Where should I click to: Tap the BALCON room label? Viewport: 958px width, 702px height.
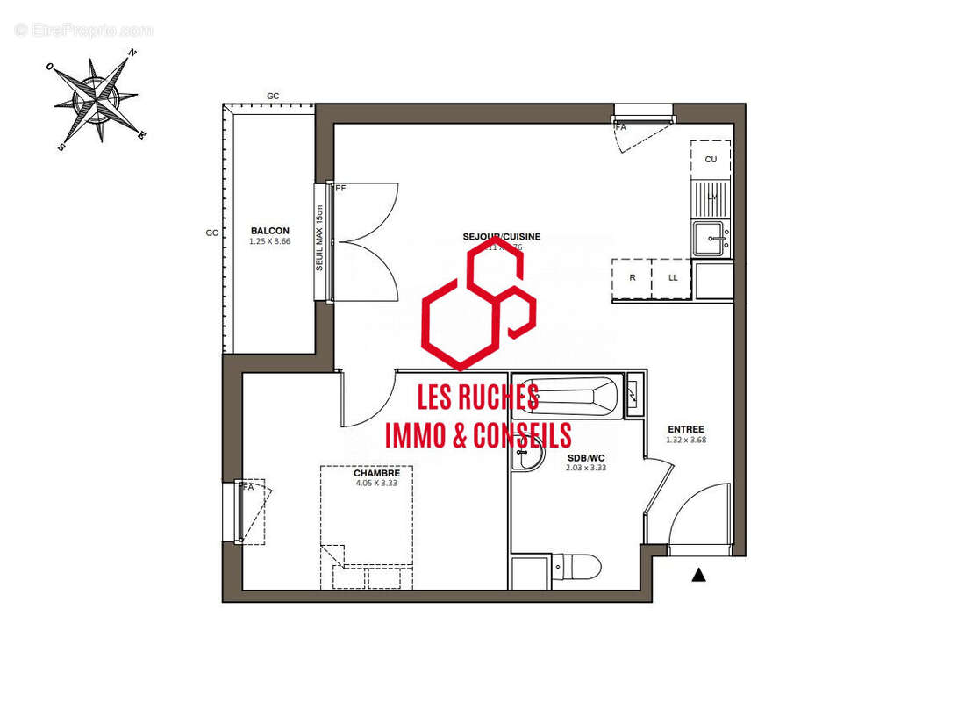pos(269,231)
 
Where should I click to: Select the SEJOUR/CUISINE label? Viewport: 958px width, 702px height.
pos(502,237)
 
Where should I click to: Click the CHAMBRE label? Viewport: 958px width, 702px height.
pos(377,473)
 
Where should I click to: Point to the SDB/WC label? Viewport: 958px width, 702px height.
pos(586,458)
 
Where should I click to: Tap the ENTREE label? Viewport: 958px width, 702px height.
pos(685,430)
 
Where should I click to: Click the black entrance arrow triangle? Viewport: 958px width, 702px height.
pos(699,575)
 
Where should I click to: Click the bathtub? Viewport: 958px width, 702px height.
pos(566,396)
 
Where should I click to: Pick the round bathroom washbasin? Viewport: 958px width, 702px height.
pos(529,455)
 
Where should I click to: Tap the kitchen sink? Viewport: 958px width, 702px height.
pos(711,238)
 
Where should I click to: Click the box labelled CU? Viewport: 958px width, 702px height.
pos(711,159)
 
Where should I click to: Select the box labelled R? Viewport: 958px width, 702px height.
pos(633,278)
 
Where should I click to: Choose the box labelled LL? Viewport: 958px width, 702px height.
pos(673,278)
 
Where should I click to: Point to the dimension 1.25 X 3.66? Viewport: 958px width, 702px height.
pos(269,241)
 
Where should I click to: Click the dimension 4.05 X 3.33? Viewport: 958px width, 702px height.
pos(377,483)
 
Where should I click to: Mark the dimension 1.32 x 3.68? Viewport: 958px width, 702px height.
pos(685,441)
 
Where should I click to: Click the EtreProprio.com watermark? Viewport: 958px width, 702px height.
pos(84,31)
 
